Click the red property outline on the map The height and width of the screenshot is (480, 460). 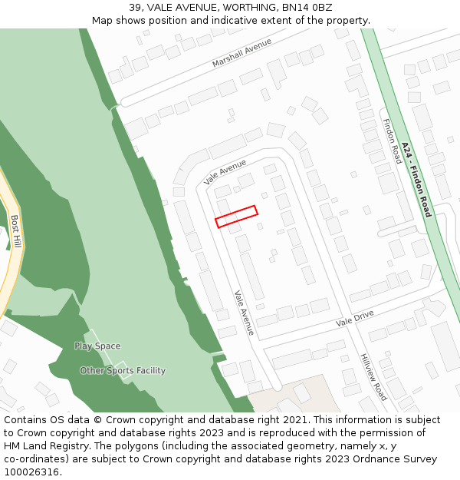pyautogui.click(x=236, y=217)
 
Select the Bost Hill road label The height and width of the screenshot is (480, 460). pyautogui.click(x=16, y=231)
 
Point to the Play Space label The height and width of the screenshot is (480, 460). pyautogui.click(x=97, y=346)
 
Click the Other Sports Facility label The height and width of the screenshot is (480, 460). pyautogui.click(x=123, y=371)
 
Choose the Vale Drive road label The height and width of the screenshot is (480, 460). pyautogui.click(x=354, y=319)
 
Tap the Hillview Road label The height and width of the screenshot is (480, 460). pyautogui.click(x=373, y=377)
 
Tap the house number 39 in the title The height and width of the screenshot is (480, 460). pyautogui.click(x=136, y=7)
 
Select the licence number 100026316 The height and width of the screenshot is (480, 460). pyautogui.click(x=32, y=472)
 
